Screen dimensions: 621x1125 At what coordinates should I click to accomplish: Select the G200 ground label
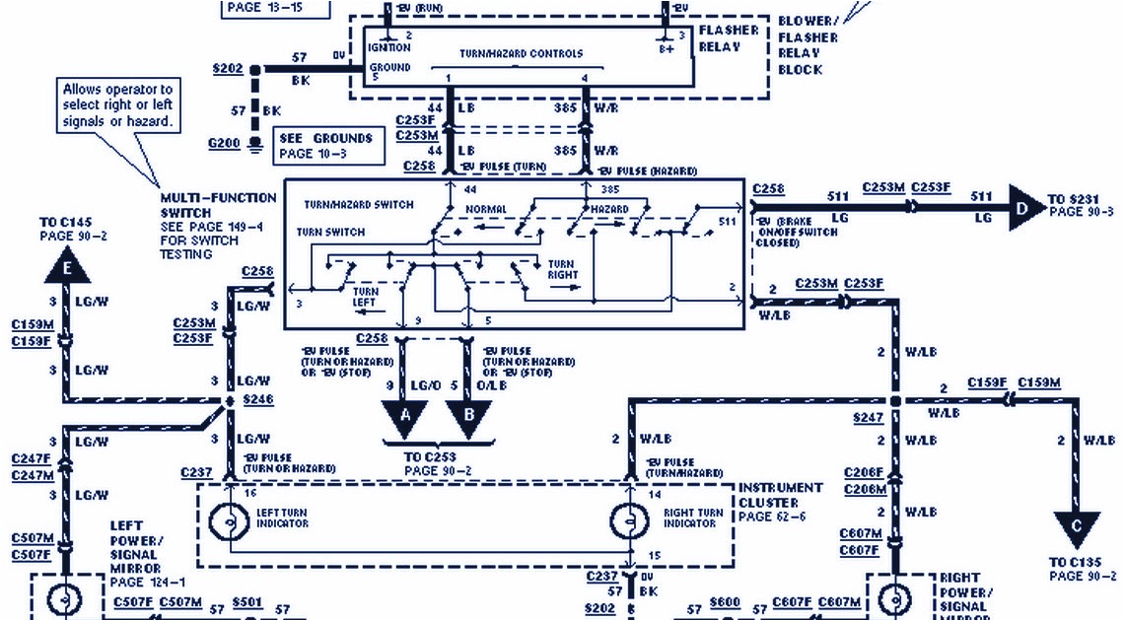tap(224, 144)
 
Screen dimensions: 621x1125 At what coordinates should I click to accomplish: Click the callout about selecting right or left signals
tap(117, 105)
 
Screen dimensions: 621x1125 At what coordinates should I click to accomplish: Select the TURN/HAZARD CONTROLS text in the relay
tap(521, 53)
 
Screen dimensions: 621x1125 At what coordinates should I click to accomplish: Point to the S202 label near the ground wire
tap(228, 70)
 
